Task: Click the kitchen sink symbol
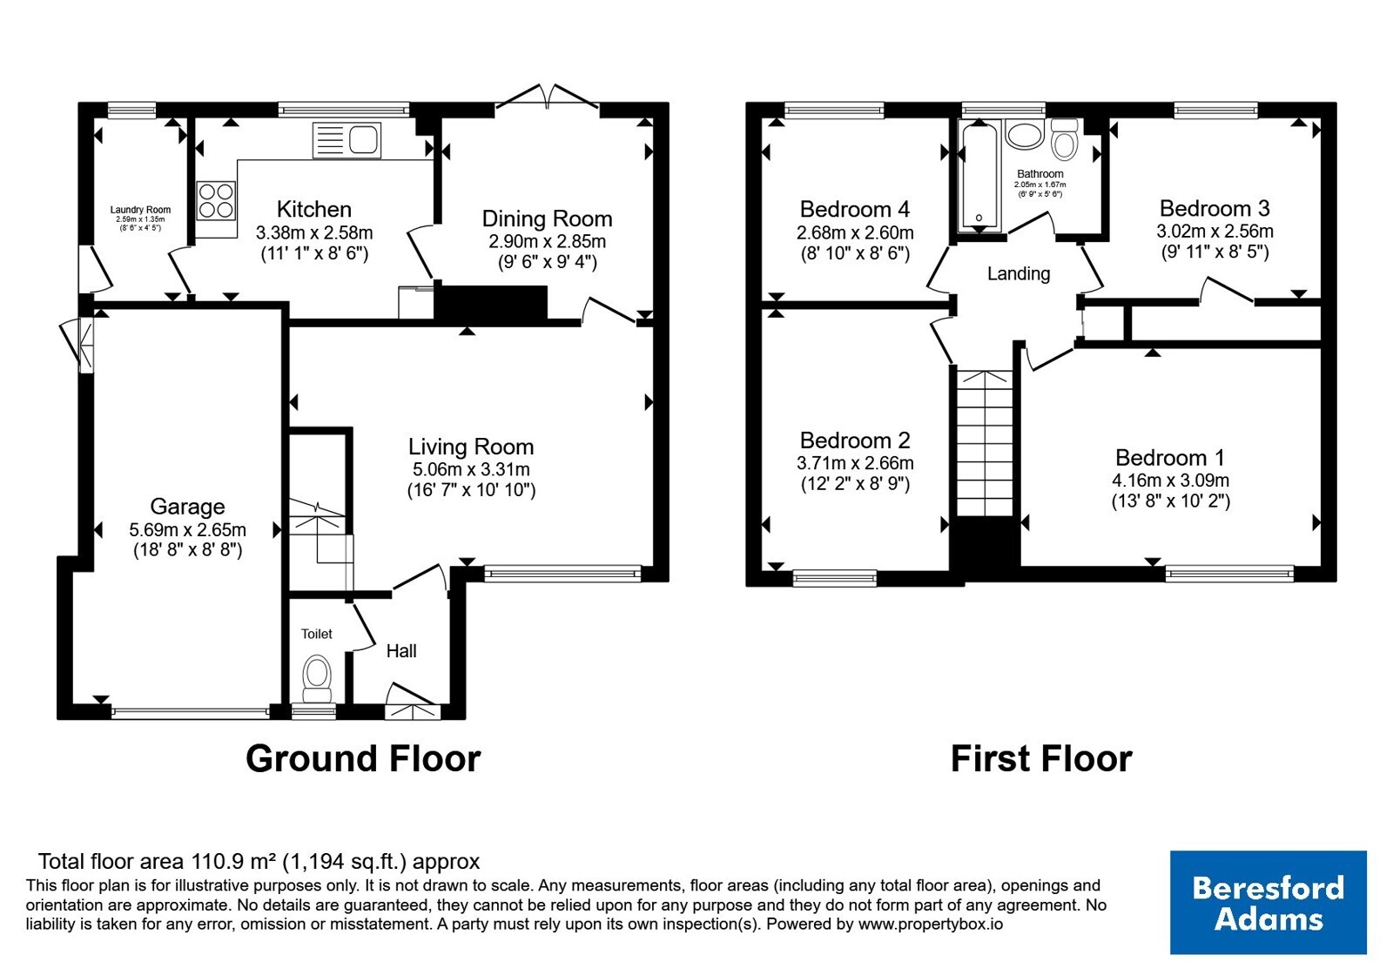click(x=347, y=140)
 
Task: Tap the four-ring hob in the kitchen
click(x=217, y=201)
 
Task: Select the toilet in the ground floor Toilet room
click(x=317, y=678)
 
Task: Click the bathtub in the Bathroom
click(x=979, y=176)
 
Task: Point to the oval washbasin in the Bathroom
click(x=1024, y=135)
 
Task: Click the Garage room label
click(x=187, y=507)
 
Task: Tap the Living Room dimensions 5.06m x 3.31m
click(x=471, y=469)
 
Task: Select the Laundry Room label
click(x=140, y=210)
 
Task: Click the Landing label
click(x=1019, y=273)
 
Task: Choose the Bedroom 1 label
click(x=1170, y=458)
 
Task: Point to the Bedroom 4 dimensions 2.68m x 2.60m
click(x=855, y=232)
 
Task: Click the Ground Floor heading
click(x=363, y=759)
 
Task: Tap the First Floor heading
click(x=1041, y=759)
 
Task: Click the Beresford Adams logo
click(x=1268, y=902)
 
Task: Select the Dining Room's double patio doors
click(x=548, y=98)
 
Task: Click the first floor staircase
click(x=985, y=443)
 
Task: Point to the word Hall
click(x=401, y=651)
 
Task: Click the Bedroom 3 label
click(x=1215, y=208)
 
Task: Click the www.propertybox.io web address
click(x=931, y=924)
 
